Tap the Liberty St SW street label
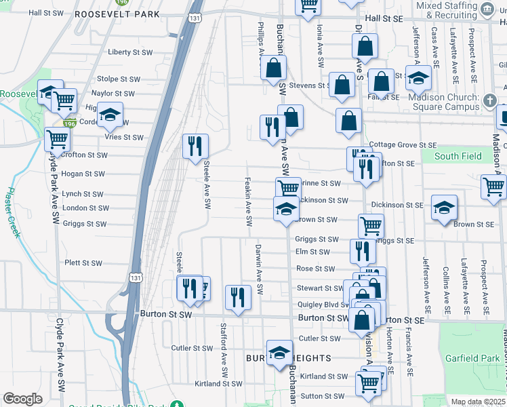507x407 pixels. [130, 52]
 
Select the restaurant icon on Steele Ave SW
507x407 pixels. [195, 146]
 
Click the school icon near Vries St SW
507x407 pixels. [110, 114]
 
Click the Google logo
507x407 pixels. [22, 399]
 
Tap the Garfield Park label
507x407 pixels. [472, 358]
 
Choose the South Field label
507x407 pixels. [458, 156]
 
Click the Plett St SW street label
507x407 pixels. [83, 263]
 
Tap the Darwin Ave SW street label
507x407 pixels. [259, 269]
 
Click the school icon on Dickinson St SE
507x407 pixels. [444, 207]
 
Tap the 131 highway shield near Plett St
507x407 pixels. [136, 277]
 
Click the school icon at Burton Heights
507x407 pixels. [279, 352]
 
